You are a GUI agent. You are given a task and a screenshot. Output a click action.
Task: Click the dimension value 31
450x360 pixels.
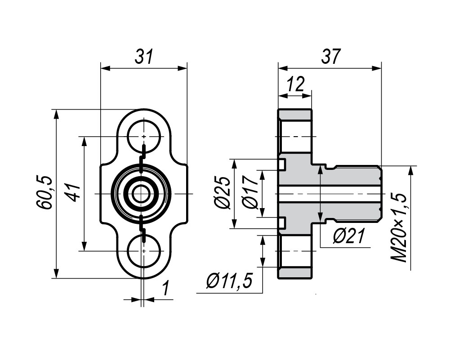coord(144,57)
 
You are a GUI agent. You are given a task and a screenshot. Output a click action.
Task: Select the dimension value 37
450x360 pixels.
coord(331,57)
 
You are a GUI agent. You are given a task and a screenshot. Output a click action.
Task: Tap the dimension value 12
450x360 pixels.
coord(295,84)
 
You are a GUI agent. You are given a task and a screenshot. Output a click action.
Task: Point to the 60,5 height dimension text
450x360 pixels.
coord(45,193)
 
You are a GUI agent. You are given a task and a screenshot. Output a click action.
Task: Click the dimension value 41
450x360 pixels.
coord(71,194)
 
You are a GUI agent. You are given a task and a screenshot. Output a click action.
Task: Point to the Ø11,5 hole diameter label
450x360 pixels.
coord(228,282)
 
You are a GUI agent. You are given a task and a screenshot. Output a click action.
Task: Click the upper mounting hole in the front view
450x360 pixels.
coord(143,136)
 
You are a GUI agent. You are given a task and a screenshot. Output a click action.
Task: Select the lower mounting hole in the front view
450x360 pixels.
coord(143,251)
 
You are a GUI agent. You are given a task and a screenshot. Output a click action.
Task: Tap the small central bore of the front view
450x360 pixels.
coord(142,194)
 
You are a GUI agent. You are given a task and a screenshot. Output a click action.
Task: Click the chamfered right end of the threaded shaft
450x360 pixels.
coord(380,194)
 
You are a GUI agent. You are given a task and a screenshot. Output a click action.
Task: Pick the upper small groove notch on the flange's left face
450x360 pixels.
coord(282,164)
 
